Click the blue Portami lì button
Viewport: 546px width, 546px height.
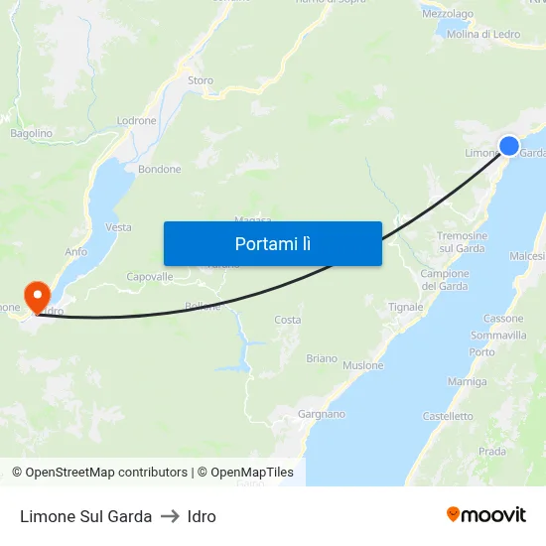pos(272,243)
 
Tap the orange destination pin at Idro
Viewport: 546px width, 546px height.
pos(37,295)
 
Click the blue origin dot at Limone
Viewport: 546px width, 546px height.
pos(509,146)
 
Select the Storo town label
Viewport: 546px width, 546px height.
pos(201,80)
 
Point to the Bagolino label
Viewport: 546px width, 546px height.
pos(31,133)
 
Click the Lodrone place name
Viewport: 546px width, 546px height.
pos(137,121)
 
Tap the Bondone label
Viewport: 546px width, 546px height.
pos(159,170)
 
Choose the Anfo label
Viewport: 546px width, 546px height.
pos(76,252)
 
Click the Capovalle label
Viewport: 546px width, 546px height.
pos(150,277)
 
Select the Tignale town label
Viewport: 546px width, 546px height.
pos(405,308)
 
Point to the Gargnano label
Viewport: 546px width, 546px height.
pos(323,414)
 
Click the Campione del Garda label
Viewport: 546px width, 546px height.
pos(445,280)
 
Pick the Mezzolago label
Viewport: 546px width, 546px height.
pos(447,15)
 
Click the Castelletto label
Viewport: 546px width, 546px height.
pos(448,417)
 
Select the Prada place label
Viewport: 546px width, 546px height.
pos(491,452)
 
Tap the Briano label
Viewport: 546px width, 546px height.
pos(322,358)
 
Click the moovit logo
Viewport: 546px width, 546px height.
pos(486,515)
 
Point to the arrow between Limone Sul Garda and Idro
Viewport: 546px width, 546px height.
pos(170,516)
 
